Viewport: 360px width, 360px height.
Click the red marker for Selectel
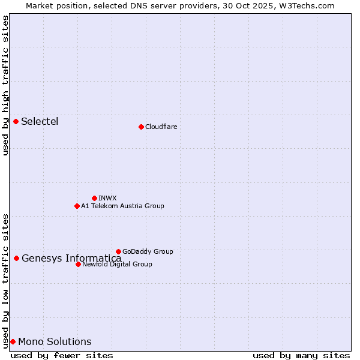pos(16,121)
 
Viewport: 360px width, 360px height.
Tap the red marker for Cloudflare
pos(141,127)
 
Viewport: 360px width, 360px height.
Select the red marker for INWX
pos(94,198)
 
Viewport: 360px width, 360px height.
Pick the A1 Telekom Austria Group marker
pos(77,206)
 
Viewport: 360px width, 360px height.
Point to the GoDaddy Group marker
pos(118,251)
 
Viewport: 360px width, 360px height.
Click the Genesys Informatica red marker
pos(16,258)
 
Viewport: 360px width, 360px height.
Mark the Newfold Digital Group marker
pos(78,264)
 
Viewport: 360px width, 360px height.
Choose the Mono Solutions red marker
pos(13,341)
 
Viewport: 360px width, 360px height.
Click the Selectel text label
pos(40,121)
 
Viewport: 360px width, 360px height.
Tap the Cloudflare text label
pos(161,127)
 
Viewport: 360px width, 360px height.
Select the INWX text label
pos(107,198)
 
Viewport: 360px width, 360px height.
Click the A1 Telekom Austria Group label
pos(122,206)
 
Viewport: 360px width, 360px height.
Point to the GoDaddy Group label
pos(148,251)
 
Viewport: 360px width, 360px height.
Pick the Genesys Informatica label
pos(71,259)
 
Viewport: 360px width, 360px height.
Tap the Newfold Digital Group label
pos(117,264)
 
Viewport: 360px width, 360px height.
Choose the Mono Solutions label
pos(55,342)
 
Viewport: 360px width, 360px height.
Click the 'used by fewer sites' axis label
pos(62,355)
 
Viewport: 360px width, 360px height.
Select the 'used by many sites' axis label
pos(301,355)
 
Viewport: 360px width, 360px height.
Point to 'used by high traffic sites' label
pos(5,85)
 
